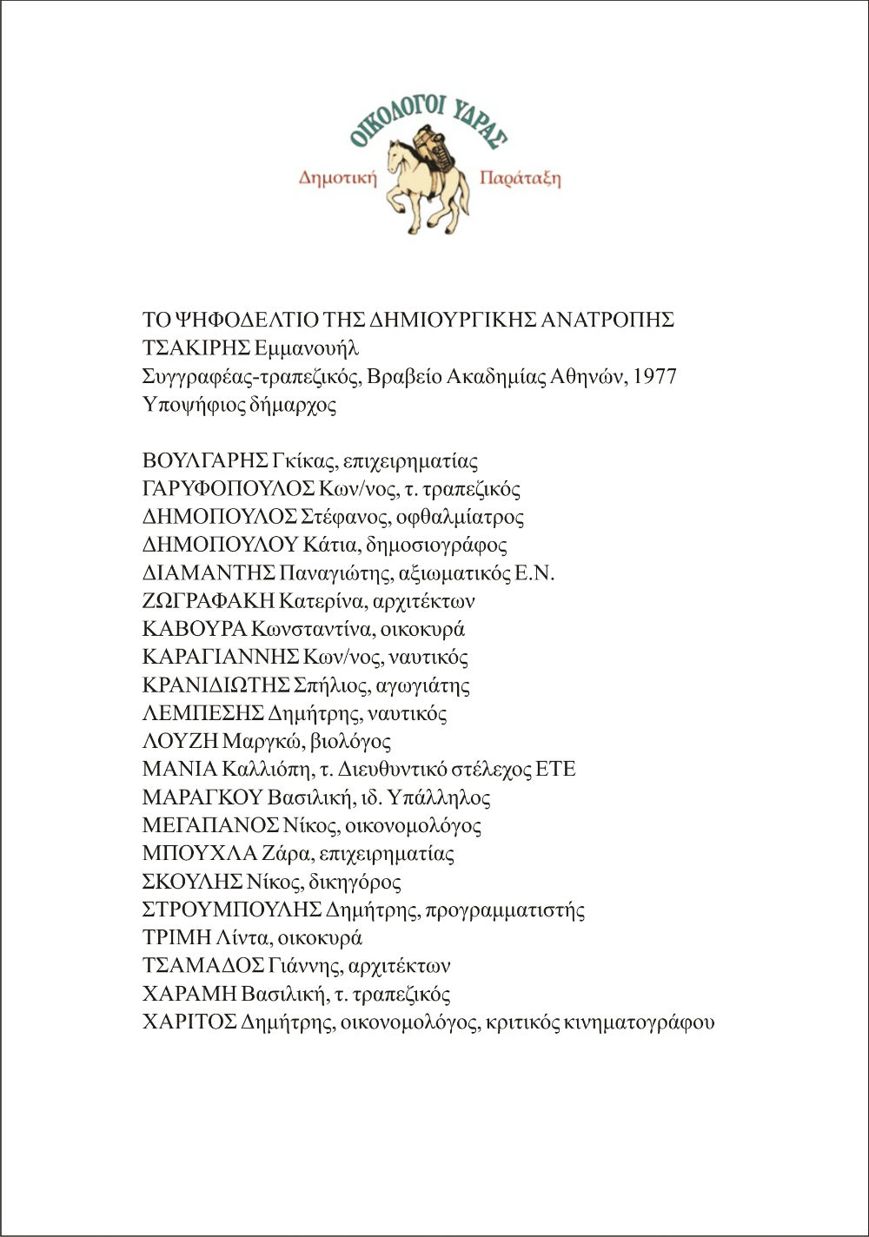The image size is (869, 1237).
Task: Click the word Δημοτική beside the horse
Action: click(x=338, y=178)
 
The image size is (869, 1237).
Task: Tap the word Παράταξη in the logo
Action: click(x=520, y=179)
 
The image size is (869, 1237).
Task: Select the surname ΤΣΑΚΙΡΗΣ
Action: click(x=196, y=348)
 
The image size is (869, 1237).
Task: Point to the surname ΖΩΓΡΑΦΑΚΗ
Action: click(x=209, y=601)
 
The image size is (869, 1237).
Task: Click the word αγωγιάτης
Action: click(x=426, y=685)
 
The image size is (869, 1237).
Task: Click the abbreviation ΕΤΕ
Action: click(x=555, y=770)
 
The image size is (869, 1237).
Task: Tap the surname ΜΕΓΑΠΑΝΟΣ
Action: click(x=210, y=825)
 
